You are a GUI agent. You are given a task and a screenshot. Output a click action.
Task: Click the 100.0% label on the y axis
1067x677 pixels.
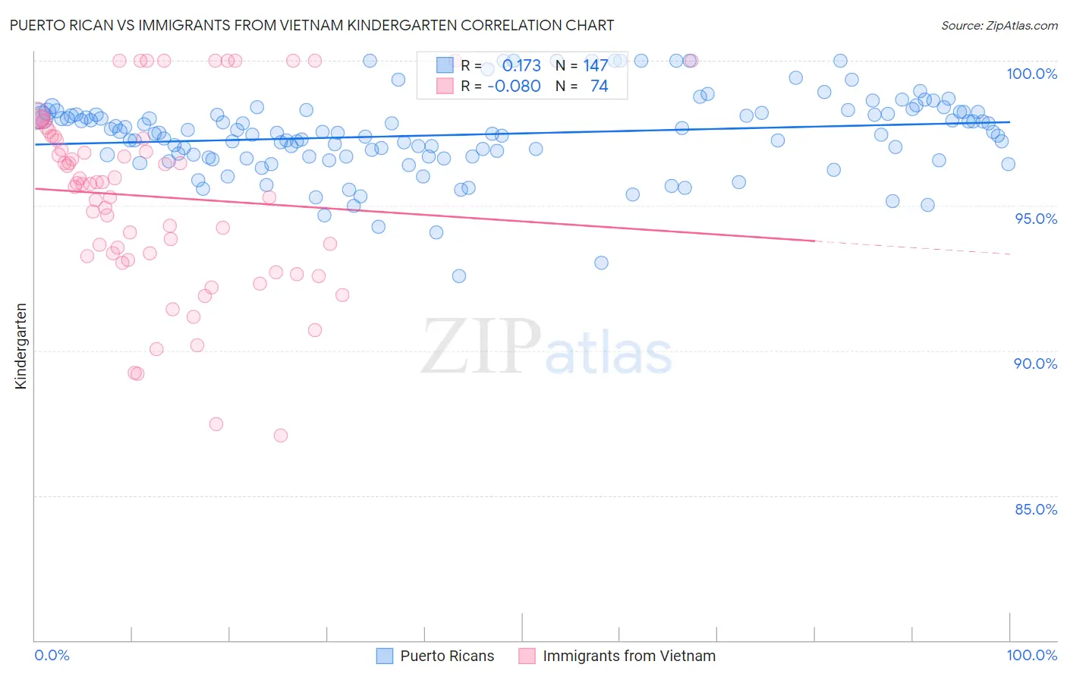point(1031,74)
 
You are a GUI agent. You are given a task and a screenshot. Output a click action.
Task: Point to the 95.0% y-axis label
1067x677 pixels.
point(1036,219)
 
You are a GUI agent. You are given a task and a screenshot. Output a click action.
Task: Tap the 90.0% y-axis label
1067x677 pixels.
point(1036,364)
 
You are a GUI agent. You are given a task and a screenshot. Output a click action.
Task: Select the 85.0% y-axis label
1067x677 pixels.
point(1036,509)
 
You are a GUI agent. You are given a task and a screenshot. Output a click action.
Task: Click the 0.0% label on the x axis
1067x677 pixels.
point(52,655)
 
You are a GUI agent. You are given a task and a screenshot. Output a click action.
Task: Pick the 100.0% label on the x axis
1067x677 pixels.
point(1031,655)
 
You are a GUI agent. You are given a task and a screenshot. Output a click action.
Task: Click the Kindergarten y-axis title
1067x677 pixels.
point(20,346)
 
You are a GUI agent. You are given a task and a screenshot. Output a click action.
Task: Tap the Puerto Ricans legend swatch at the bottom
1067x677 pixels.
point(385,656)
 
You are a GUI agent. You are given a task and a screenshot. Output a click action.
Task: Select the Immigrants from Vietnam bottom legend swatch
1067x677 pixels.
point(527,656)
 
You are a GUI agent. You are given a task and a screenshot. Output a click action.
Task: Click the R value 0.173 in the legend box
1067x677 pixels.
point(521,65)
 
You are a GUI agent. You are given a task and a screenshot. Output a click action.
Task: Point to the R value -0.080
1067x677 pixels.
point(514,86)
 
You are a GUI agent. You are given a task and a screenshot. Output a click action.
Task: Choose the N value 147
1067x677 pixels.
point(595,65)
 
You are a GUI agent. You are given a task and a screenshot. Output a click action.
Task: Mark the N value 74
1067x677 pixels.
point(599,86)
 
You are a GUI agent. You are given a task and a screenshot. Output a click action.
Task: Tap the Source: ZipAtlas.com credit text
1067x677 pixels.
point(999,25)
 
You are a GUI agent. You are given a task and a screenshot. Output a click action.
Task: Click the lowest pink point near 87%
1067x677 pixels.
point(281,436)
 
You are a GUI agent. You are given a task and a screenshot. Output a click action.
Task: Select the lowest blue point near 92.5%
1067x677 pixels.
point(459,276)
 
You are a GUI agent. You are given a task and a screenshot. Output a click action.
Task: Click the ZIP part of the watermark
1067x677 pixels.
point(481,346)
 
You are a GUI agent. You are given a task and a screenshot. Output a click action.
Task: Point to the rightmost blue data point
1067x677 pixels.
point(1008,164)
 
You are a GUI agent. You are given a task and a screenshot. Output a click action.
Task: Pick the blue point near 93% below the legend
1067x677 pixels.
point(601,263)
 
